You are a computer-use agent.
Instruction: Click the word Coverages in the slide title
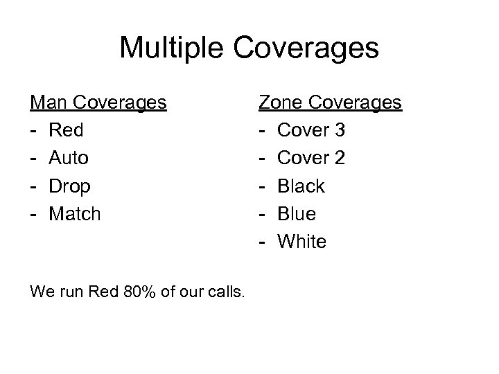[x=310, y=48]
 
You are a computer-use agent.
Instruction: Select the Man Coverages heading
[x=98, y=103]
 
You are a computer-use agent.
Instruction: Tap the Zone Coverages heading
[x=331, y=103]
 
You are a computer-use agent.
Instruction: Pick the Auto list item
[x=69, y=158]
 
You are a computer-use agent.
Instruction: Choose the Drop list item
[x=70, y=186]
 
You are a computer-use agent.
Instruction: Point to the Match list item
[x=75, y=213]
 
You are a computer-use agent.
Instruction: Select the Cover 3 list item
[x=311, y=130]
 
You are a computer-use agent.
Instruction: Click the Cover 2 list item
[x=311, y=158]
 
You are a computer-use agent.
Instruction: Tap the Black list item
[x=301, y=186]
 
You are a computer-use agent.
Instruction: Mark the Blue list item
[x=297, y=213]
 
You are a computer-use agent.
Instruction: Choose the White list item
[x=301, y=241]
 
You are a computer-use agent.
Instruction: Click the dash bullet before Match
[x=33, y=214]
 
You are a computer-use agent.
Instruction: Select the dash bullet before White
[x=262, y=242]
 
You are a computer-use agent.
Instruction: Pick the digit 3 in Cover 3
[x=339, y=130]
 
